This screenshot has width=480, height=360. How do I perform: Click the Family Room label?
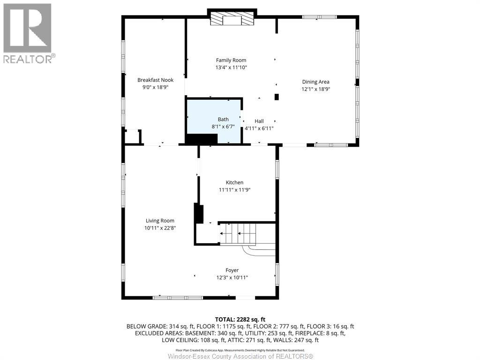point(231,60)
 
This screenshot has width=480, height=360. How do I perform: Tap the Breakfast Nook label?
point(155,80)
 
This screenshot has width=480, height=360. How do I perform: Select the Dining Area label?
point(315,82)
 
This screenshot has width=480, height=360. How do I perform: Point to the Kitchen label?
point(234,182)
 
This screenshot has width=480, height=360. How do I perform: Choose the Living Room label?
point(160,221)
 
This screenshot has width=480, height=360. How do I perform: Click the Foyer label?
point(232,270)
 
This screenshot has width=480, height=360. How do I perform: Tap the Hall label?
point(259,121)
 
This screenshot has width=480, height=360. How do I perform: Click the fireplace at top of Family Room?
point(232,19)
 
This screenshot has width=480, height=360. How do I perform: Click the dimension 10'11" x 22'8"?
point(160,228)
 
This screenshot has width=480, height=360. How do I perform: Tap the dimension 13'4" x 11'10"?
point(231,67)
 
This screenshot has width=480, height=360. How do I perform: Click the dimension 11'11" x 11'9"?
point(234,190)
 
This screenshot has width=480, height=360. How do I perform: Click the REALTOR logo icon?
point(27,28)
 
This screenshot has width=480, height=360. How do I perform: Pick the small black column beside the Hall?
point(277,97)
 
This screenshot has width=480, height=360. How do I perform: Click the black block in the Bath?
point(202,139)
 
